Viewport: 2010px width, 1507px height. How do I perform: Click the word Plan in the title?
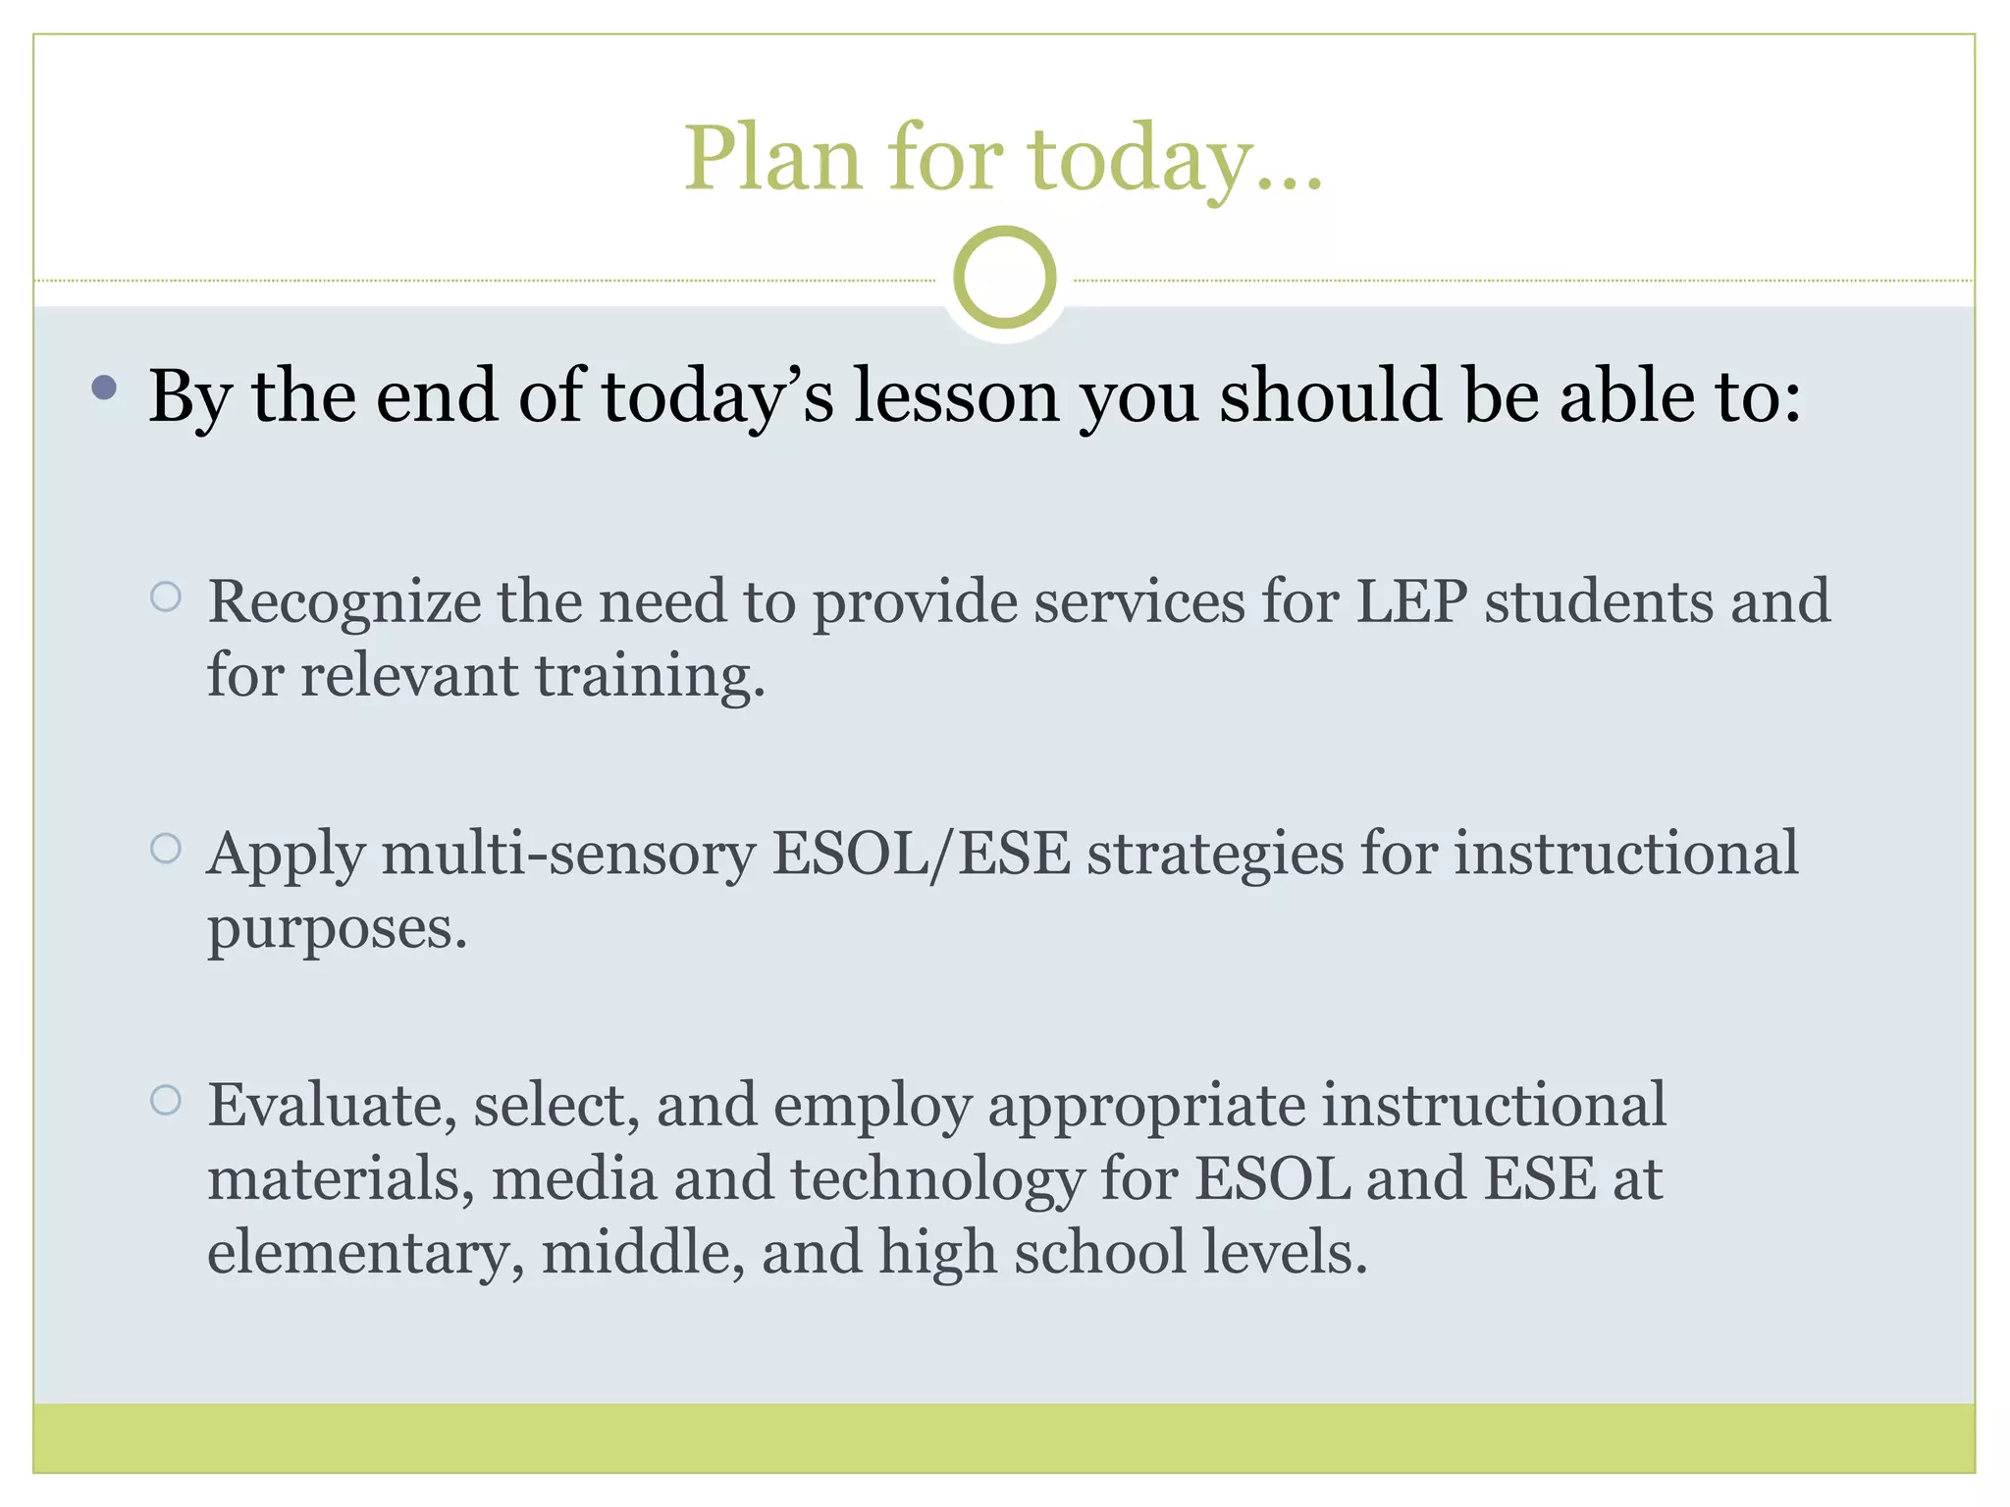[x=773, y=159]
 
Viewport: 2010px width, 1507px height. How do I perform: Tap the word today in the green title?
[x=1140, y=159]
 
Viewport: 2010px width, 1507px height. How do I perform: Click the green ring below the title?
[x=1004, y=278]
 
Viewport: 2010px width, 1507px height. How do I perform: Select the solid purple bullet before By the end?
[x=104, y=389]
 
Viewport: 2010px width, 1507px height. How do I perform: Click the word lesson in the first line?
[x=956, y=395]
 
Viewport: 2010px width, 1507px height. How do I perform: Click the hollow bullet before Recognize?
[x=166, y=597]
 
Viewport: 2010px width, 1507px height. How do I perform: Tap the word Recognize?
[x=344, y=602]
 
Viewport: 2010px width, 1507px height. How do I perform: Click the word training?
[x=650, y=677]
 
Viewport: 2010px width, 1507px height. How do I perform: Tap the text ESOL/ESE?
[x=921, y=854]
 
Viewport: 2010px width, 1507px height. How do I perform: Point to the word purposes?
[x=337, y=928]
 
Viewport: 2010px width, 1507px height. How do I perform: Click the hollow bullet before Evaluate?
[x=166, y=1100]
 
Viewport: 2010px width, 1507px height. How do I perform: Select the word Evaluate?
[x=332, y=1106]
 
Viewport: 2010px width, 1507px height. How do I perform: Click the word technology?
[x=936, y=1179]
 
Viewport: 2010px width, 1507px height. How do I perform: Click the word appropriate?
[x=1146, y=1106]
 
